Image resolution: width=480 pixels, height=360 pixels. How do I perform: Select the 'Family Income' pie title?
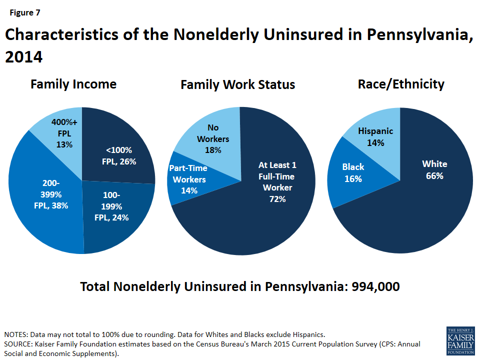(x=73, y=84)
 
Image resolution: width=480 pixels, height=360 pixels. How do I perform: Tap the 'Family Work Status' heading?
(x=237, y=85)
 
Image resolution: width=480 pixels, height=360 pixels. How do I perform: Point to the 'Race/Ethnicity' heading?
(x=401, y=84)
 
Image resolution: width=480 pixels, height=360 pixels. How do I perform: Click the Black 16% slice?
(x=353, y=172)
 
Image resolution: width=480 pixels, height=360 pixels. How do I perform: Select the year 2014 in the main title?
(x=23, y=57)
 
